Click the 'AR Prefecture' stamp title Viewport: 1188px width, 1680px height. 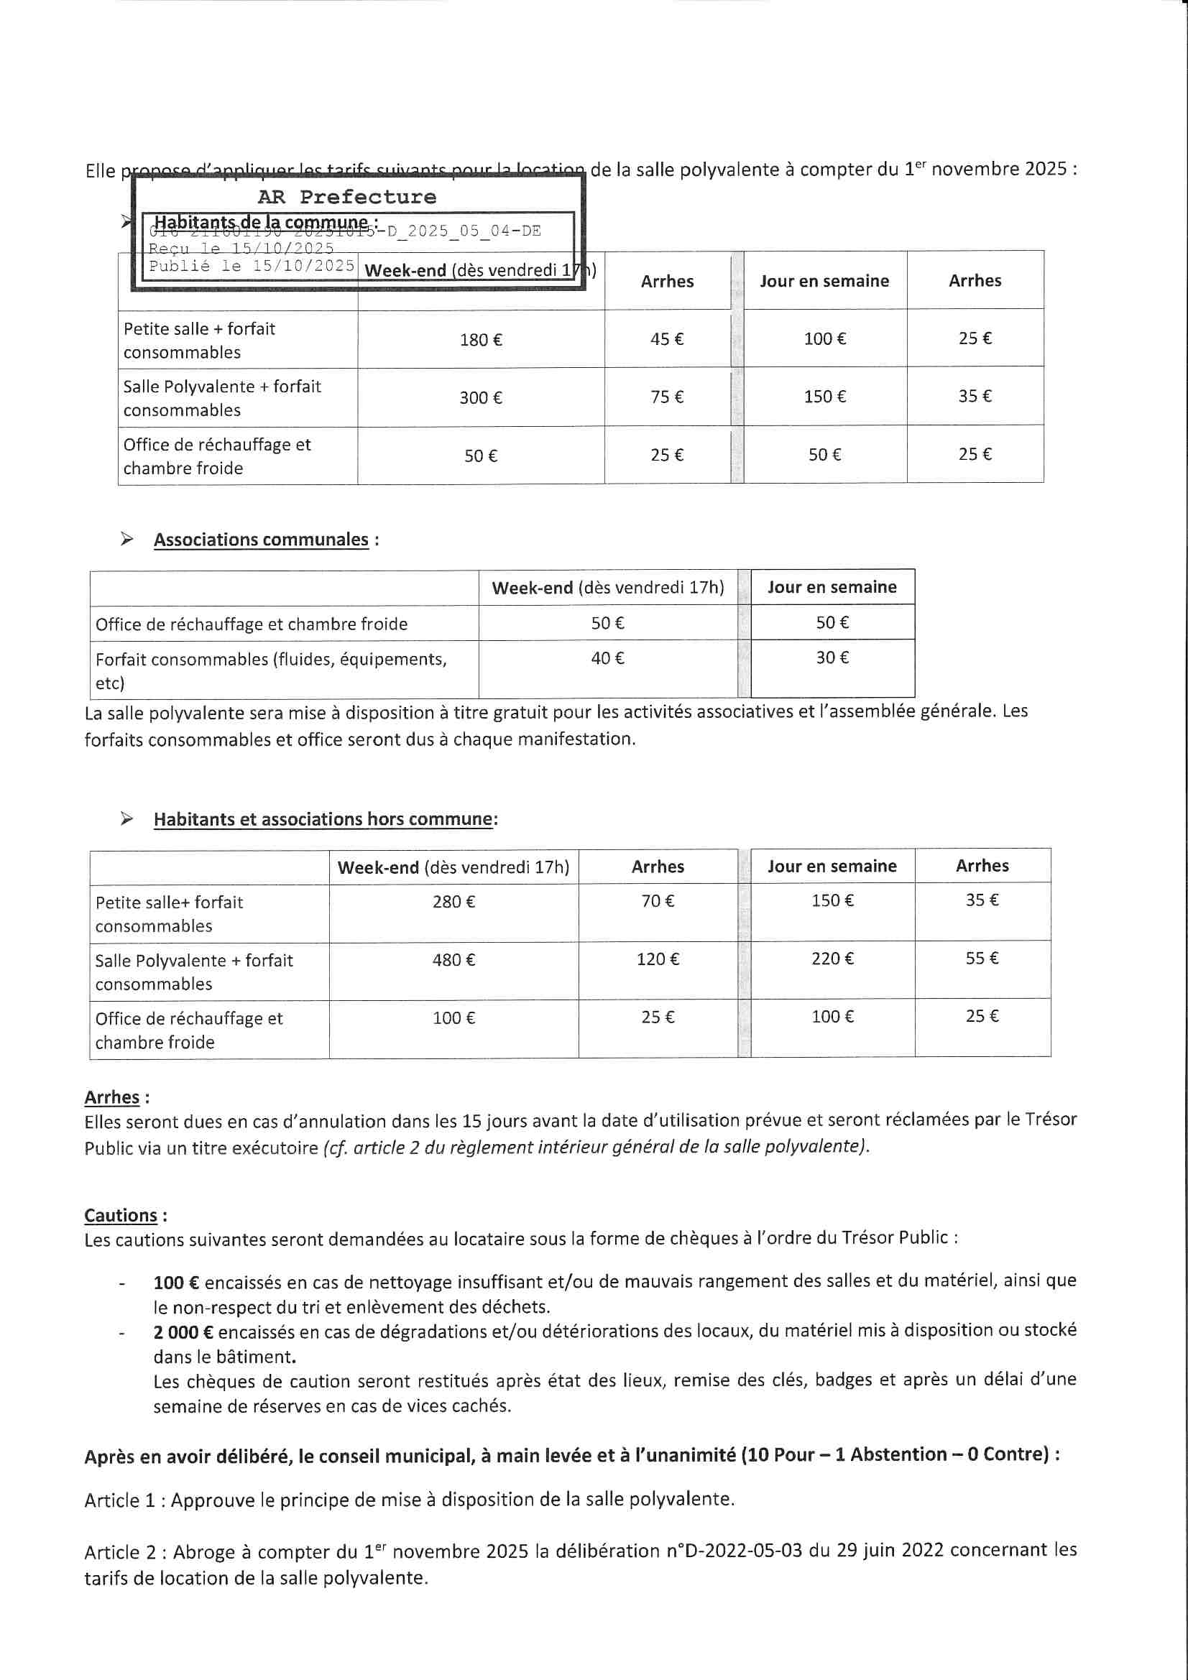click(x=346, y=197)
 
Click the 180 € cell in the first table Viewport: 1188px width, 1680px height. click(x=480, y=339)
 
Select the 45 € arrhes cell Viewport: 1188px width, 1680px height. click(x=667, y=338)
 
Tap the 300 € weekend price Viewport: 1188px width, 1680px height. click(x=480, y=398)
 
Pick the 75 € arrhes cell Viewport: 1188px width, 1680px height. click(x=667, y=397)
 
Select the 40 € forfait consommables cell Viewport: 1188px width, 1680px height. click(x=607, y=658)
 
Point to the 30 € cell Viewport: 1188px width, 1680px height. click(x=832, y=657)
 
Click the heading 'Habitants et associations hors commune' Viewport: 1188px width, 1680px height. click(x=323, y=818)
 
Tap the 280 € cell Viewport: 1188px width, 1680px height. click(x=453, y=902)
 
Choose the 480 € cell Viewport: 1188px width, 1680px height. click(x=453, y=959)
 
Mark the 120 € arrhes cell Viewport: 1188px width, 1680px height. click(x=658, y=959)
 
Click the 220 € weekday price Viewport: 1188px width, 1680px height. click(x=832, y=959)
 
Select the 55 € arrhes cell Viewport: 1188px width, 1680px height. click(x=982, y=958)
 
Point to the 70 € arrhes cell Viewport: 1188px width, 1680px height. click(x=658, y=901)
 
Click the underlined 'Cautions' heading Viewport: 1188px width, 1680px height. click(x=121, y=1215)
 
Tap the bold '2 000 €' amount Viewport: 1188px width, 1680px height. click(x=183, y=1331)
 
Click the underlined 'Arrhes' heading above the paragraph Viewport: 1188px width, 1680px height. click(x=112, y=1097)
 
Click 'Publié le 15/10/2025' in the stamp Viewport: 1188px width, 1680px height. click(x=252, y=266)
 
